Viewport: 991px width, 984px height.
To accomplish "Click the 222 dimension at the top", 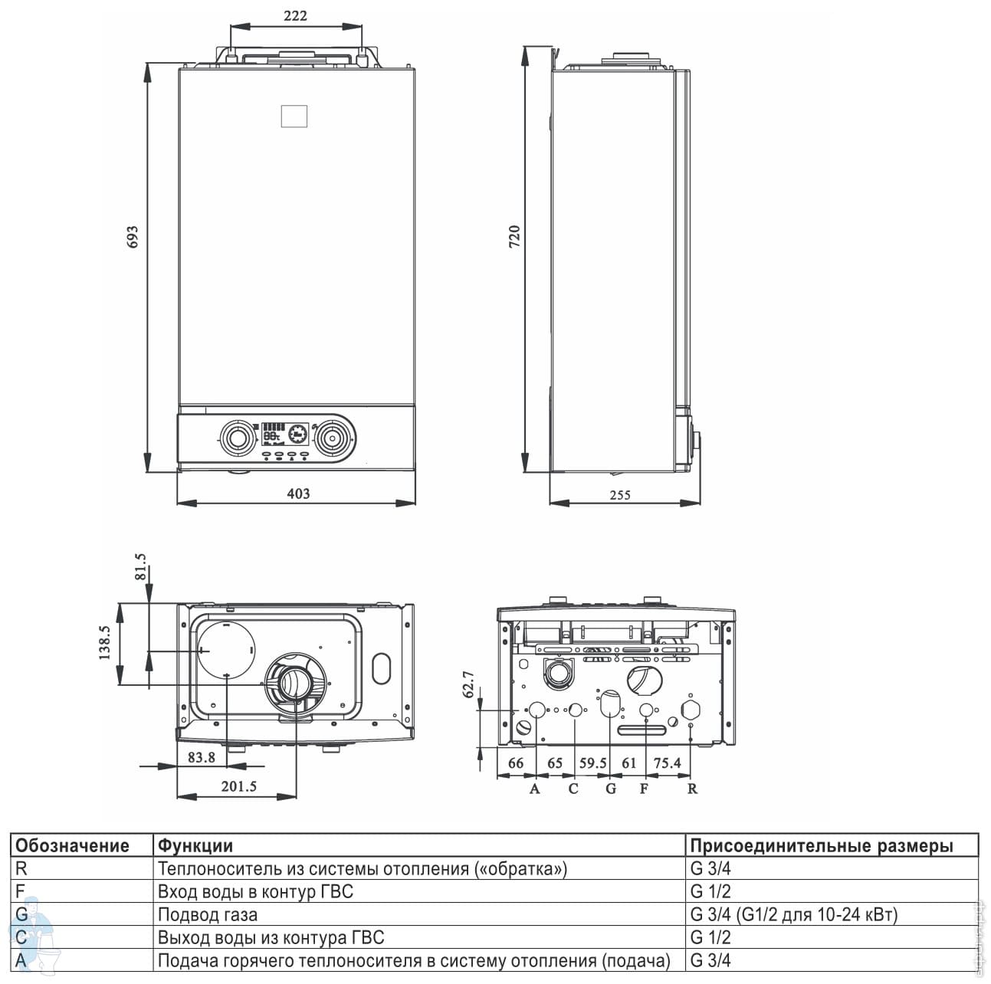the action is pos(295,16).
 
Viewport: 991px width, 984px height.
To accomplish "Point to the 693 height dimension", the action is pos(133,237).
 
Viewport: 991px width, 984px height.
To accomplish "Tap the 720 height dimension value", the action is pos(514,237).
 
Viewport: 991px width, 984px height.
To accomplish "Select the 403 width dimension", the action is pos(298,494).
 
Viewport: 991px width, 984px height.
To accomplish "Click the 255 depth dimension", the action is pos(620,495).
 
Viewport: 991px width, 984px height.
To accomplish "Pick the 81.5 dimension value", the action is pos(140,566).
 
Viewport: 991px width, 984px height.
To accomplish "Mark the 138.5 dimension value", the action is pos(104,642).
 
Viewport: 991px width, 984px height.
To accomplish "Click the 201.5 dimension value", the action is pos(238,786).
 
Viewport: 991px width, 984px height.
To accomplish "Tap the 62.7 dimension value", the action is pos(468,684).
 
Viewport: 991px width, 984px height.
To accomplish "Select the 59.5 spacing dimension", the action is pos(593,763).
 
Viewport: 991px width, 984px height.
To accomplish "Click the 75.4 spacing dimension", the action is pos(667,763).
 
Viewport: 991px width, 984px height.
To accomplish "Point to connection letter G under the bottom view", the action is pos(610,789).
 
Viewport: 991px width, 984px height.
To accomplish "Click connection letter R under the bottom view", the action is pos(692,789).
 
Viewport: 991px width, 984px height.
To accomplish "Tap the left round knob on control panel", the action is pos(237,438).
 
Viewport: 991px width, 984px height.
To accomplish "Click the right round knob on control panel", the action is pos(333,438).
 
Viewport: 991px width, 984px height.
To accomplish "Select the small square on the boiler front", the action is pos(294,116).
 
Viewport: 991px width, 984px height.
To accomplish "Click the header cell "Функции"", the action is pos(195,845).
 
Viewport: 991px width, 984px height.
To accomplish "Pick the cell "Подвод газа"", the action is pos(208,914).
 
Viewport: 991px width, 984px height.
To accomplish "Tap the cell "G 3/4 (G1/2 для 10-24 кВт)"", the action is pos(794,914).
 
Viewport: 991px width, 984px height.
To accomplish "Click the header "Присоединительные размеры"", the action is pos(822,845).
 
